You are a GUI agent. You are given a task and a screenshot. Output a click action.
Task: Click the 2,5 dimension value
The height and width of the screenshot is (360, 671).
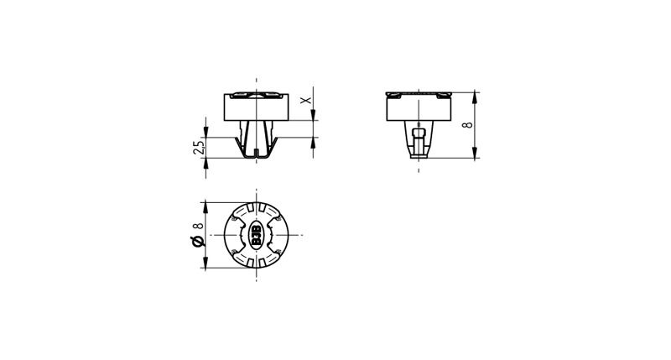click(x=199, y=148)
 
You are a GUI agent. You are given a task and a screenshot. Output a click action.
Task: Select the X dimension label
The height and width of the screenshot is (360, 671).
click(x=305, y=100)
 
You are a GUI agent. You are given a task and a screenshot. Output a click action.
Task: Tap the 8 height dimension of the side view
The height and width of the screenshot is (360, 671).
click(x=468, y=125)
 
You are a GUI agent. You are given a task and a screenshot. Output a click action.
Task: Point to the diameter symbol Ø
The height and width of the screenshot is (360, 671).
click(x=197, y=242)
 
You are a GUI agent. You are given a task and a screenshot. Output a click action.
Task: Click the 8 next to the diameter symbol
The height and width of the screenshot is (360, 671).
click(x=198, y=227)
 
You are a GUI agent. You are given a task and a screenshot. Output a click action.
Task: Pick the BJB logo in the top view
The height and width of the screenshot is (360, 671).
click(x=257, y=235)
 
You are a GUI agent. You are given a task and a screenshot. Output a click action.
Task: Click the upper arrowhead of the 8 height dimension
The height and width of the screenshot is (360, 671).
click(x=475, y=98)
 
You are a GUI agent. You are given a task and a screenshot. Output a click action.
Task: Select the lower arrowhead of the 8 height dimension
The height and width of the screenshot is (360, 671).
click(x=475, y=153)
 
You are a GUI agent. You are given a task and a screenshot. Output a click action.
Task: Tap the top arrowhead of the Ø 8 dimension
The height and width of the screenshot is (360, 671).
click(x=205, y=207)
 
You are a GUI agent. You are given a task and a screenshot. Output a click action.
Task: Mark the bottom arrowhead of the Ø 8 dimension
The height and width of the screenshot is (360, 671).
click(x=205, y=263)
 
